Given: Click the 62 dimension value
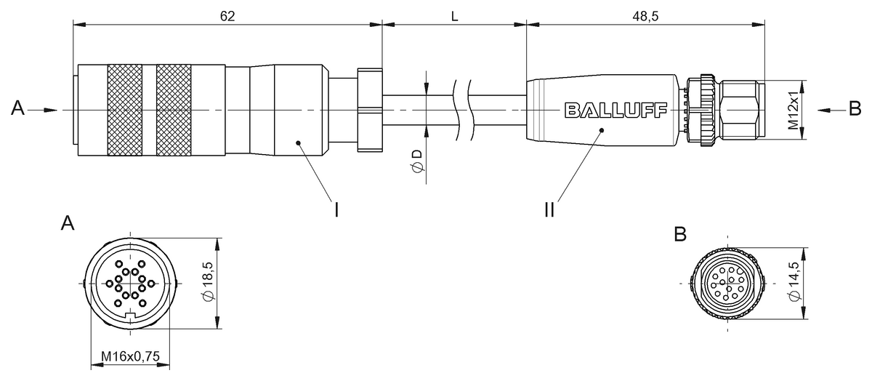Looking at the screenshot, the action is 227,17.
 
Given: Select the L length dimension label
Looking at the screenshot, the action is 454,17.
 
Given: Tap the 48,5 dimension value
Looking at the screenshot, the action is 645,17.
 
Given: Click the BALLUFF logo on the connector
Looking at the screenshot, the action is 616,111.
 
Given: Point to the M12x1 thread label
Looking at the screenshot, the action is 793,111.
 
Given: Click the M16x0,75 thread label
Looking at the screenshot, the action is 130,356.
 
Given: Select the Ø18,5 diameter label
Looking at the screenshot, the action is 209,281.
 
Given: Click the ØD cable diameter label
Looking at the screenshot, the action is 417,161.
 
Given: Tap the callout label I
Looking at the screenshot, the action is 336,210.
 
